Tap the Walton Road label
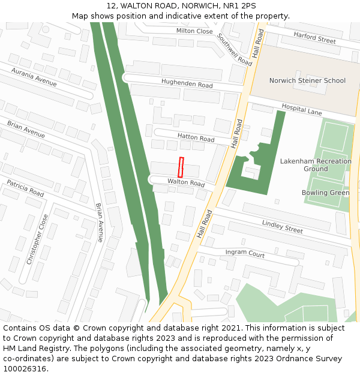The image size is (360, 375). [186, 182]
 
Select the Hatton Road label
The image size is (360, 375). [196, 138]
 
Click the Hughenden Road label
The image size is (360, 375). [187, 84]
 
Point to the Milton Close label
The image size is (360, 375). [194, 31]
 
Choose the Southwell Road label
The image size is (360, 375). [235, 49]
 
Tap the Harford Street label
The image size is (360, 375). [315, 38]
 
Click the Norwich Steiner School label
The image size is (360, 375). [307, 80]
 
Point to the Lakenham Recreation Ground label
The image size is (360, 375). [316, 165]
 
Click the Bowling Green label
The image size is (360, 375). [325, 193]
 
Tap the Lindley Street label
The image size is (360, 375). [283, 226]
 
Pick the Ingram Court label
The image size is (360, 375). [245, 254]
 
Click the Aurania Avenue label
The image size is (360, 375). [34, 77]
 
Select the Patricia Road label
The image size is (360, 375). [25, 188]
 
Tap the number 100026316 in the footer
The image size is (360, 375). [26, 368]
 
